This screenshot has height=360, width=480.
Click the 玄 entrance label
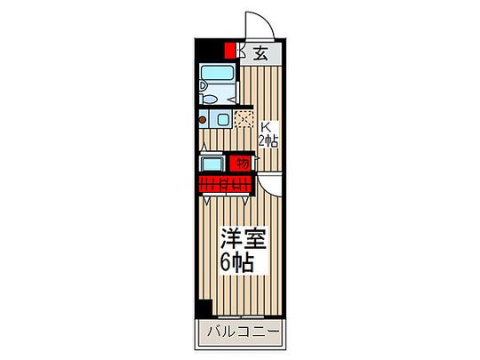[x=261, y=52]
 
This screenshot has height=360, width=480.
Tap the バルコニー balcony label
[x=239, y=333]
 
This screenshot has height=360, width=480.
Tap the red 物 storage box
[x=239, y=164]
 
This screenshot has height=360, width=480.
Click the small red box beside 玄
[x=231, y=52]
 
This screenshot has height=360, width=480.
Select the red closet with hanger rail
[x=226, y=185]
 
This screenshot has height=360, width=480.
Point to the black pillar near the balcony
[x=205, y=308]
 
